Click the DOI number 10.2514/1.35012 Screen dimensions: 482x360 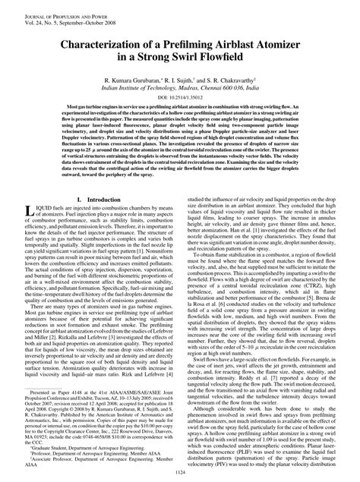point(191,99)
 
